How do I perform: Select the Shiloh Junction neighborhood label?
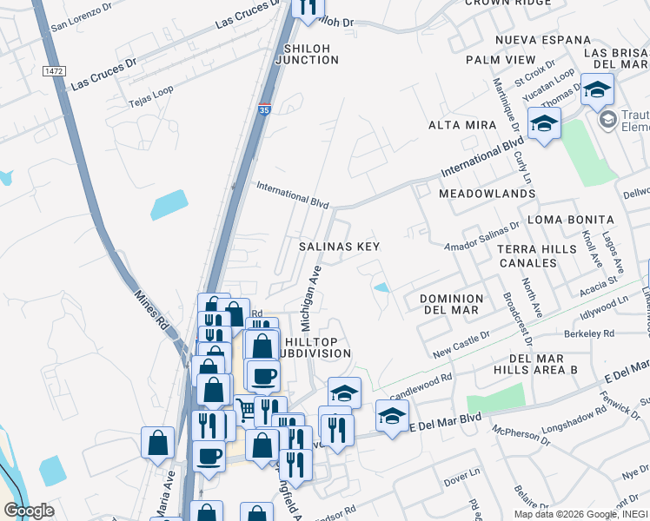(307, 53)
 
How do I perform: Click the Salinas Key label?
(340, 247)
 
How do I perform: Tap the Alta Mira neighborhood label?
(461, 126)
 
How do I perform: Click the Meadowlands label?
(487, 193)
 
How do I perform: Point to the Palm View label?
(501, 59)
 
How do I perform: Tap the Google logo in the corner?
(29, 511)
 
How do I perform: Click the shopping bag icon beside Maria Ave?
(157, 444)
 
